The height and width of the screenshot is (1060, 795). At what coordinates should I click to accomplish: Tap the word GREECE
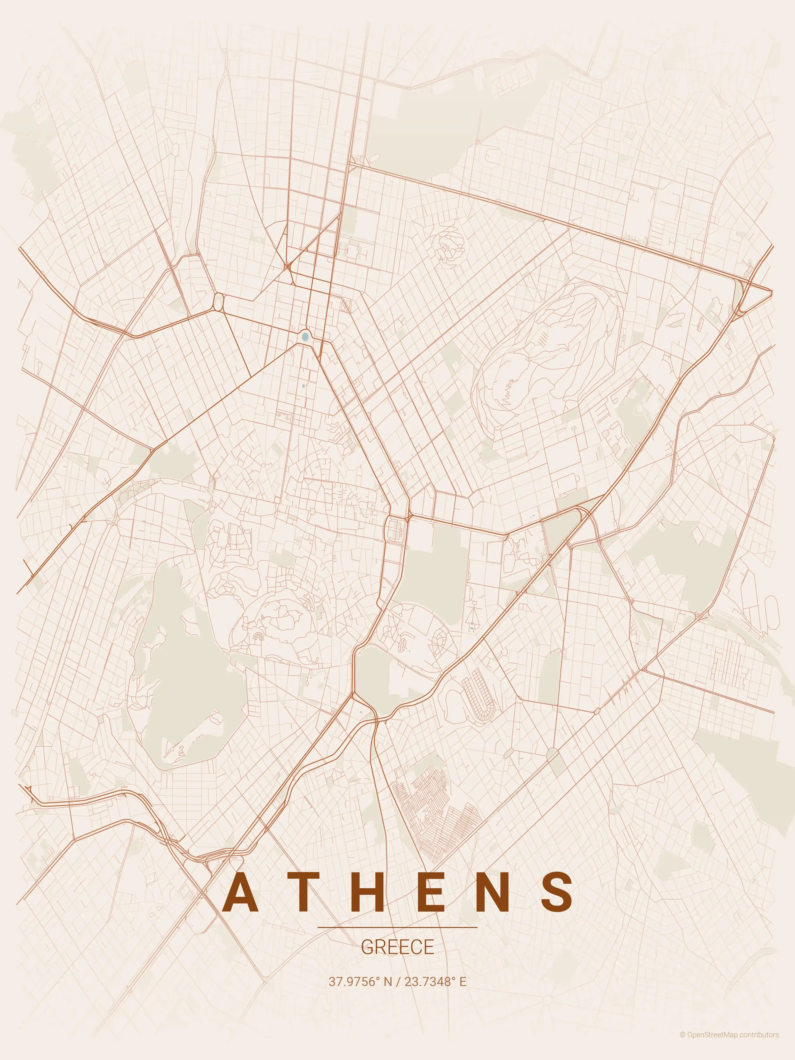tap(397, 947)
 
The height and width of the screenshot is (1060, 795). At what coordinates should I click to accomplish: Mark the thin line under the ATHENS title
tap(397, 928)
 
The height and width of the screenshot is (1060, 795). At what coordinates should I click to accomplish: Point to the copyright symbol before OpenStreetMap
tap(682, 1048)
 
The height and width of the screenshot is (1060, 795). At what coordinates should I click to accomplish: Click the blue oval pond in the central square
tap(305, 337)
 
